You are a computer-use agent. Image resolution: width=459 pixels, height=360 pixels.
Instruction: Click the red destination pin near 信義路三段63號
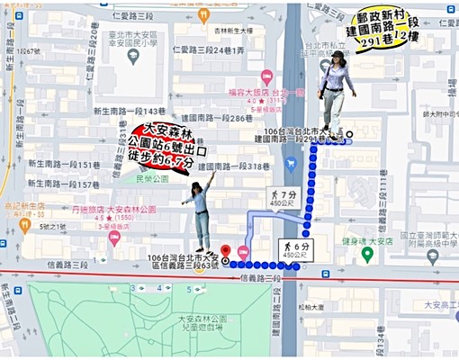pos(226,250)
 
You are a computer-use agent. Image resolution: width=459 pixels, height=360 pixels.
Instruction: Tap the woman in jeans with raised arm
pos(201,212)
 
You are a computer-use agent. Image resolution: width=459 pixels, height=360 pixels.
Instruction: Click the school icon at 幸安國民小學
pos(133,56)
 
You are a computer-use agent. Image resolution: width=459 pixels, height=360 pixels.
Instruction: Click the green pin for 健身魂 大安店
pos(367,254)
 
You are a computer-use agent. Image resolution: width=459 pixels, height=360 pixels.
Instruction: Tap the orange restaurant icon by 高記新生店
pos(25,224)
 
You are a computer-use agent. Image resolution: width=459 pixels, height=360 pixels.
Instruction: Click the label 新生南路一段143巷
pos(130,110)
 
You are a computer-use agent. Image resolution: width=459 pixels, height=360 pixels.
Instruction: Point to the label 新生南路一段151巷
pos(63,165)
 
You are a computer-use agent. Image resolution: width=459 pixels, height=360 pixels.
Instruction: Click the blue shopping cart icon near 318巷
pos(290,165)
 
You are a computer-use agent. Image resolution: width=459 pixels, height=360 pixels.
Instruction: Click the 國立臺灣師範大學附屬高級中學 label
pos(424,237)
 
